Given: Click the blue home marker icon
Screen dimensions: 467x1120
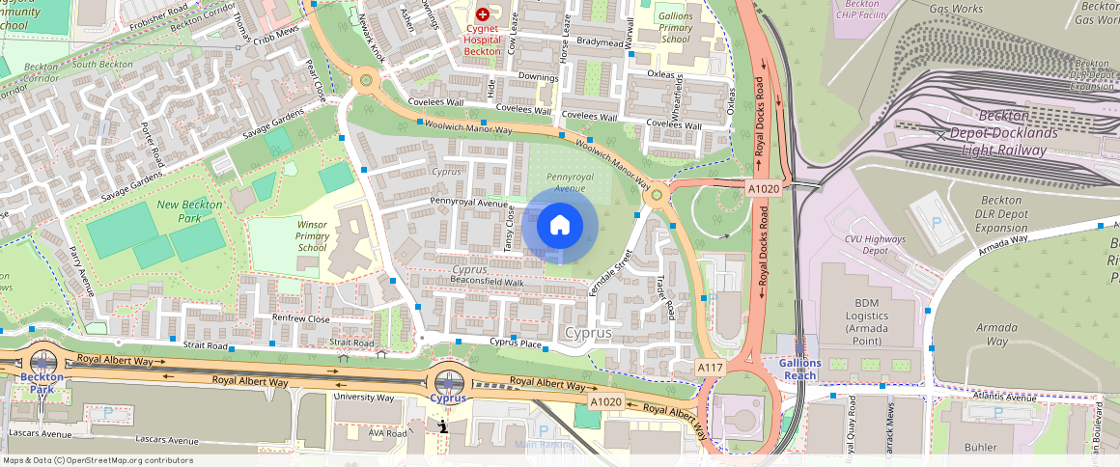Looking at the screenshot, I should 559,226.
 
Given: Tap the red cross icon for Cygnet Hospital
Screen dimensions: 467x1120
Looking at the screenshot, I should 482,14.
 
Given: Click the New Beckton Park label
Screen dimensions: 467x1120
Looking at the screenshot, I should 189,211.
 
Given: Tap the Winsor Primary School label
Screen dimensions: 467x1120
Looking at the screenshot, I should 312,235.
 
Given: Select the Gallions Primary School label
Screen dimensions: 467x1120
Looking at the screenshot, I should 675,28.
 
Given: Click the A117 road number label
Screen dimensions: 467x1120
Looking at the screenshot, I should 710,368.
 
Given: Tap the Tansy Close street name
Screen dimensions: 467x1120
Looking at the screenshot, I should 509,232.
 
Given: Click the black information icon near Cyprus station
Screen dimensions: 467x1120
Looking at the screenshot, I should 442,426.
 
